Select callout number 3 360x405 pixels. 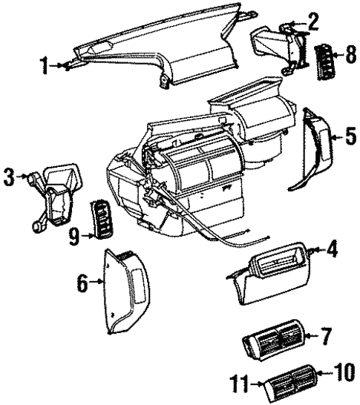point(9,177)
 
